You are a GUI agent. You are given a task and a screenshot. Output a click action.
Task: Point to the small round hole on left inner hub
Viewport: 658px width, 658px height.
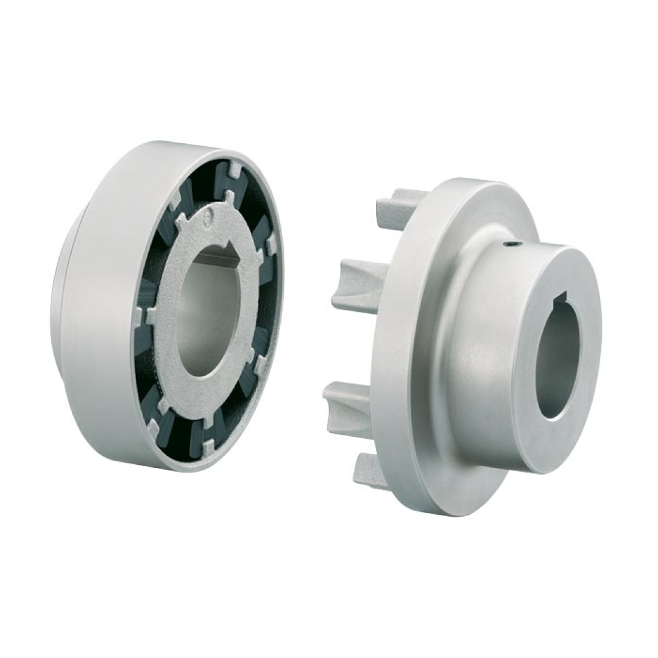pyautogui.click(x=208, y=214)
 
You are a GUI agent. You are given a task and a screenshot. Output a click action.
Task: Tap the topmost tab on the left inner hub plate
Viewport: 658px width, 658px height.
pyautogui.click(x=230, y=197)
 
